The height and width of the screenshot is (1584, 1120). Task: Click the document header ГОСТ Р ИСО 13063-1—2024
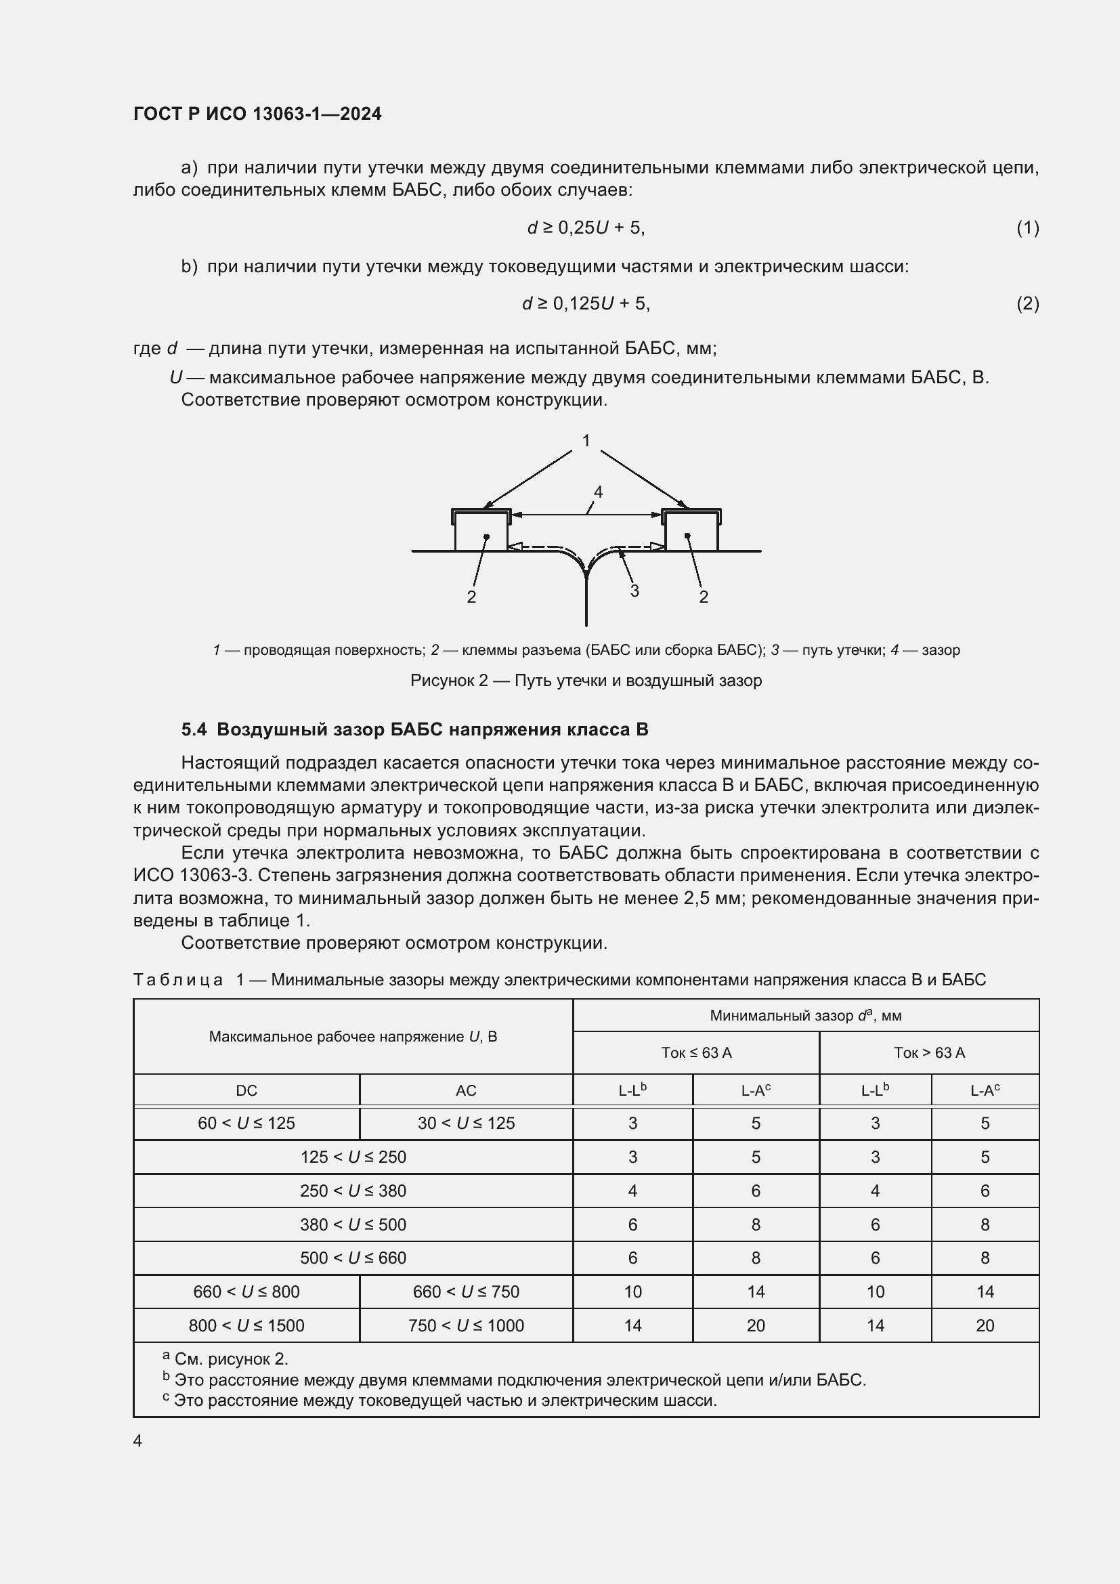[257, 114]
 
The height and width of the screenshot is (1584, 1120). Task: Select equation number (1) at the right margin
[1027, 228]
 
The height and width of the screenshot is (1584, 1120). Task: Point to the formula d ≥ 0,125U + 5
[586, 303]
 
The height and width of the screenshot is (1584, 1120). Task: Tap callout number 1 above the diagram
[586, 440]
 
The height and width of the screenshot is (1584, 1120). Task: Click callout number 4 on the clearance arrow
[598, 492]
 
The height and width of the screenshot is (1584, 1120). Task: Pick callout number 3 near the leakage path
[634, 591]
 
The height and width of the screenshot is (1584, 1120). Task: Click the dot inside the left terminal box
[487, 536]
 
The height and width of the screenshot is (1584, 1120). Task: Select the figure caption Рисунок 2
[586, 680]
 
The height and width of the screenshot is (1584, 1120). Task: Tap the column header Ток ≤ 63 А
[696, 1052]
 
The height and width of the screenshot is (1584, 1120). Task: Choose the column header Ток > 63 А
[929, 1052]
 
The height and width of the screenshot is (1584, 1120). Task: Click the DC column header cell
[246, 1090]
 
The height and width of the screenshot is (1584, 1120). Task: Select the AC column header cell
[465, 1090]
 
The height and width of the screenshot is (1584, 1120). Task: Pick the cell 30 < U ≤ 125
[465, 1122]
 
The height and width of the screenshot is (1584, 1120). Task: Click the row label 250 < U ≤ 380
[352, 1190]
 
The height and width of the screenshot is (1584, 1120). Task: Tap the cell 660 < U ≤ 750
[465, 1291]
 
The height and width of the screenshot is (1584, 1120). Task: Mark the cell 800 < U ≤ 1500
[246, 1325]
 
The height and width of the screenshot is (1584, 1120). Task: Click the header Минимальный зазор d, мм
[806, 1016]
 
